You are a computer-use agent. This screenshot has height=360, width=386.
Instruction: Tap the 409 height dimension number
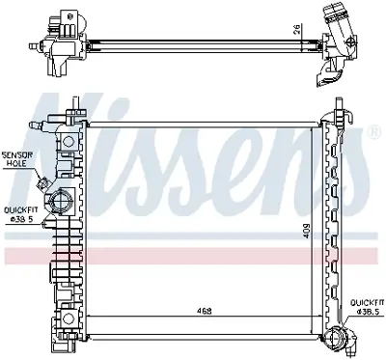[306, 232]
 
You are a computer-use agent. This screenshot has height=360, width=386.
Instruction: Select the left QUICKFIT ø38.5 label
[21, 212]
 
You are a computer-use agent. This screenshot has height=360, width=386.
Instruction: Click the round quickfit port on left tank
[64, 204]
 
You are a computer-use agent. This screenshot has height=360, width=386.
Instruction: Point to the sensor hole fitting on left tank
[42, 181]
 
